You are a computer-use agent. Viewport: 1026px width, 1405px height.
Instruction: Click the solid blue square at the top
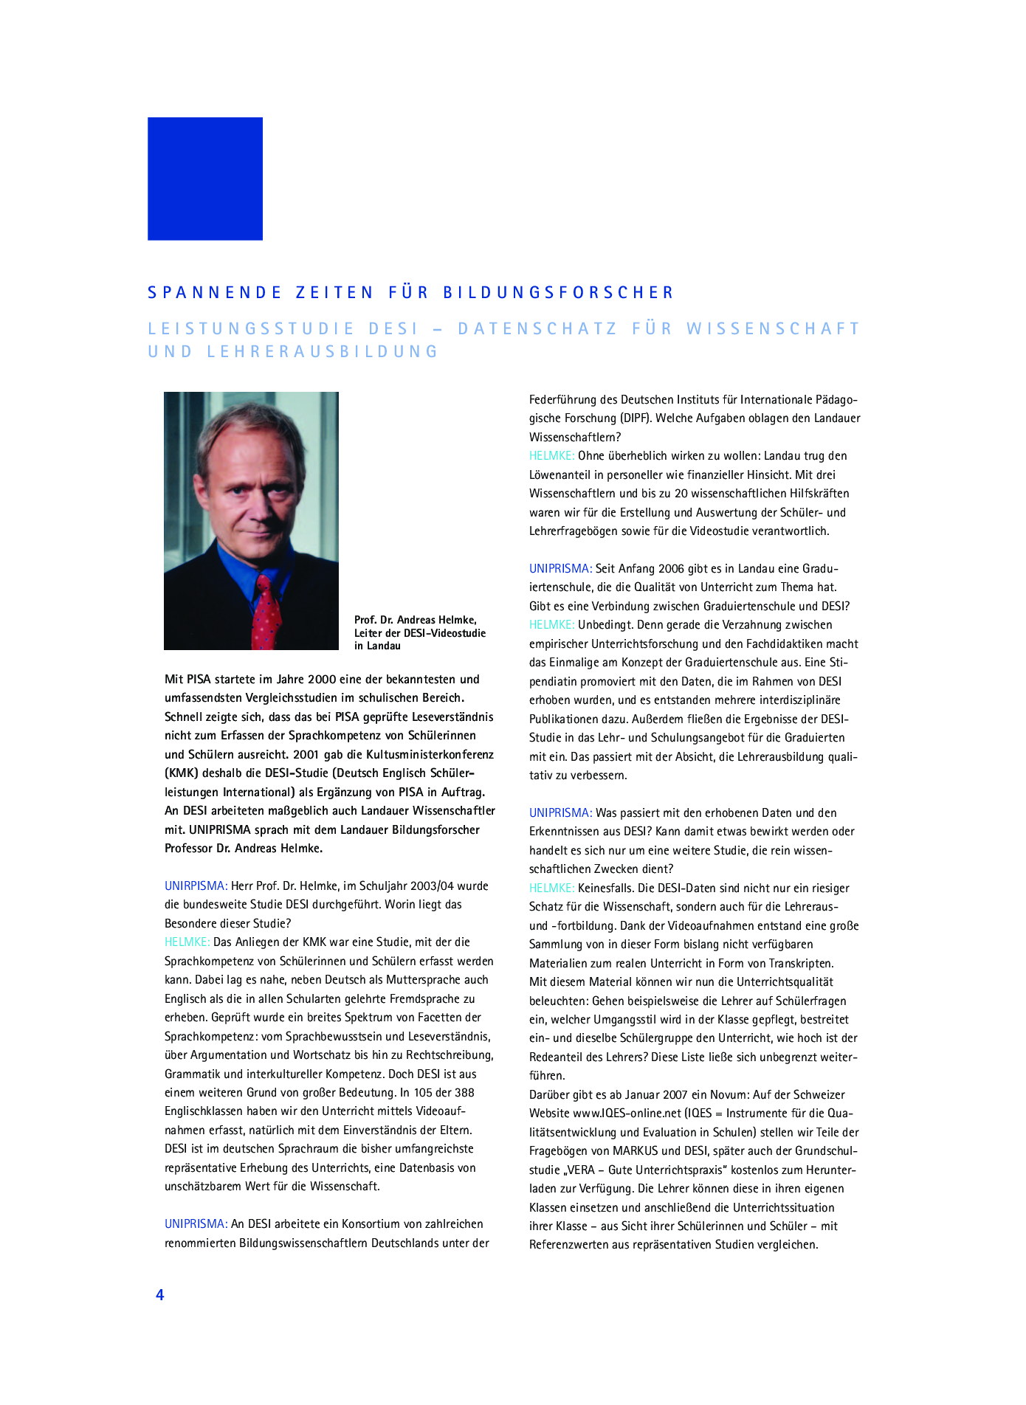[205, 179]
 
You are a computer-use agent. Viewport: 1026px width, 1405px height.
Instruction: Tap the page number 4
[159, 1294]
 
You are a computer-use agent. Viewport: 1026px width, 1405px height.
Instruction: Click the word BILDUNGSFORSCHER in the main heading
[558, 293]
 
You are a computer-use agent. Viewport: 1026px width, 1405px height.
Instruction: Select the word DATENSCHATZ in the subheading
[537, 328]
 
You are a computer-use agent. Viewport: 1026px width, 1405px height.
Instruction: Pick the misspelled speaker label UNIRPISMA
[196, 886]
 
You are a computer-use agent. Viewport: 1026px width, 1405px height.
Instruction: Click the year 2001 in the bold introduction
[306, 754]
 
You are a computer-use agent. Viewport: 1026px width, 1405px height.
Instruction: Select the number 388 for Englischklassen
[464, 1092]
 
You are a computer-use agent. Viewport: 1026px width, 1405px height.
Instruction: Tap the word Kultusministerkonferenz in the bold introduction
[421, 754]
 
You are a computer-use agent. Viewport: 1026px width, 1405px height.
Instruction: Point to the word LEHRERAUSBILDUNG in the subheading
[323, 352]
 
